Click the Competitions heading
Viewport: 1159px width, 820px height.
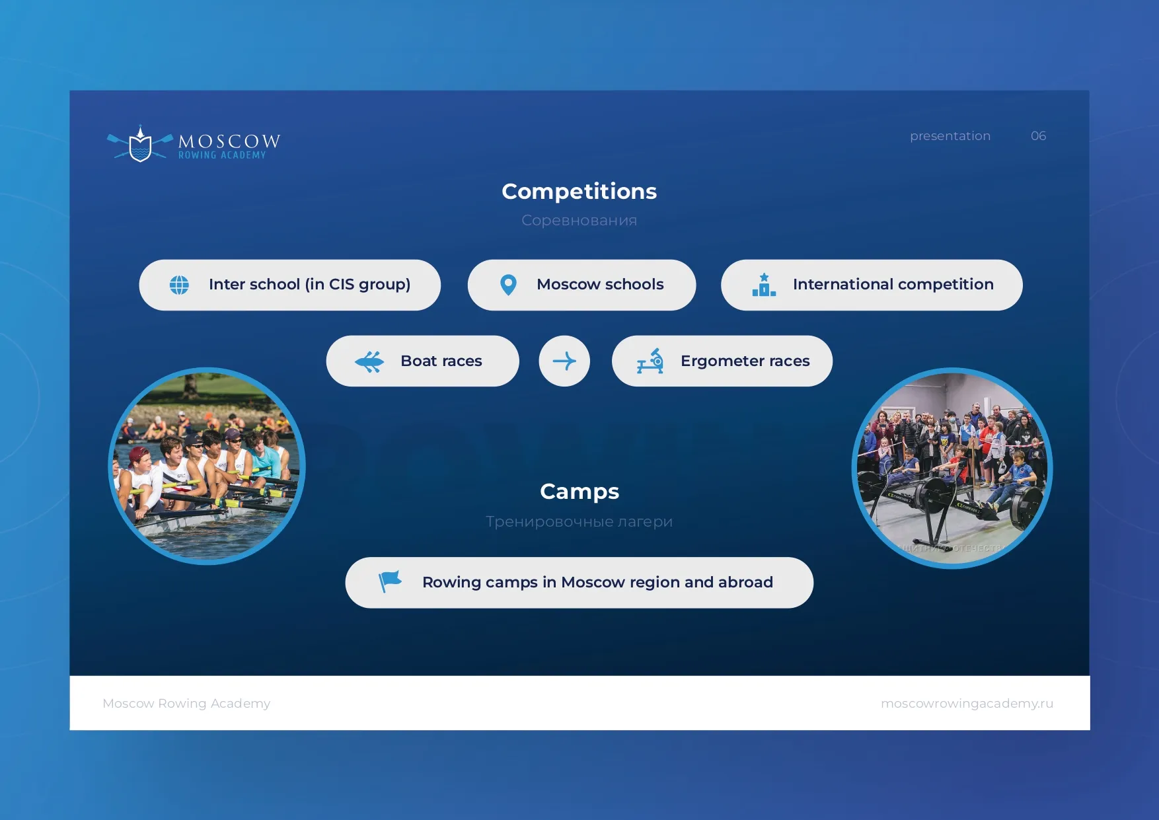579,192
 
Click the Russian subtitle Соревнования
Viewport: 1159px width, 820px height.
579,220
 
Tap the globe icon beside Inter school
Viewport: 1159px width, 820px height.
179,285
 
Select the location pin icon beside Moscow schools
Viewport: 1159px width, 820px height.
508,285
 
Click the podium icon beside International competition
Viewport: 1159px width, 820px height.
764,285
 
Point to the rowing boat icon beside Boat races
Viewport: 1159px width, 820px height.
369,361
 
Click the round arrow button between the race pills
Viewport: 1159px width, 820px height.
564,361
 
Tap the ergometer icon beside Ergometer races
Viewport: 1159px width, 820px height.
650,361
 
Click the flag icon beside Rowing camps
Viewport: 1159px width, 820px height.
390,581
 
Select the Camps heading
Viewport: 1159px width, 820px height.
579,492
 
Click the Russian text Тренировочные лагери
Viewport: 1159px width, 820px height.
579,521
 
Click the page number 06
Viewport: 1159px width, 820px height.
1038,136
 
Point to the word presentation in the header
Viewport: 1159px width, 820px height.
950,136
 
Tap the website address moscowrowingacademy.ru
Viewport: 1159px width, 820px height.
967,704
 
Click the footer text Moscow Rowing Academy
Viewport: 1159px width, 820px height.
186,704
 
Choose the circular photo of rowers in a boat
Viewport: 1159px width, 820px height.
207,466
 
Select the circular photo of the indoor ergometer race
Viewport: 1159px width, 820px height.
952,468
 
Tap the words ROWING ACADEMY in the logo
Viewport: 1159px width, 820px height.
222,155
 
